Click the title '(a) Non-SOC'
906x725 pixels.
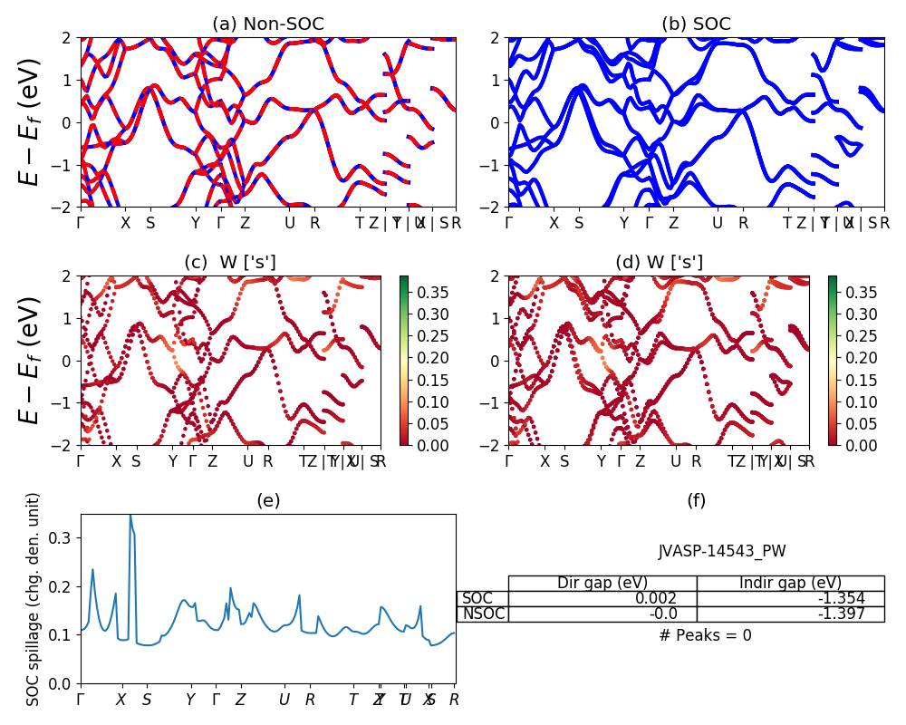pos(267,24)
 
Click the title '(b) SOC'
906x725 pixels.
pos(696,24)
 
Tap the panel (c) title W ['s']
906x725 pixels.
pos(230,263)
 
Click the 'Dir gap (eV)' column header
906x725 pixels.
pos(602,583)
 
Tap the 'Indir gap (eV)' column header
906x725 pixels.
pos(790,583)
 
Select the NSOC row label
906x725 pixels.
pos(482,614)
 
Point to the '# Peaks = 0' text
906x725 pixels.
pos(705,635)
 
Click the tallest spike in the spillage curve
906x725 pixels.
pos(130,516)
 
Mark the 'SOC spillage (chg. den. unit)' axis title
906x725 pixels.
pos(34,599)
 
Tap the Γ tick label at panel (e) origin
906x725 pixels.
pos(81,700)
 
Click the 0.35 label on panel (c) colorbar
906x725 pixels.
pos(422,293)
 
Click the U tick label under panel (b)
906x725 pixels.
pos(718,223)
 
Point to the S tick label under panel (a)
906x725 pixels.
pos(150,223)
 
